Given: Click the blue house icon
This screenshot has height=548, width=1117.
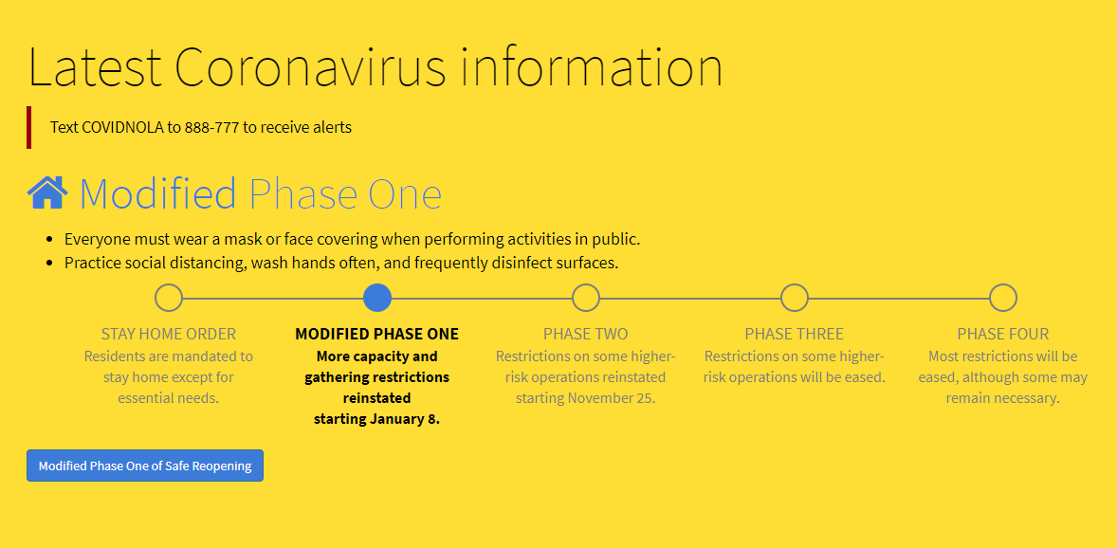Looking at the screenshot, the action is click(x=47, y=192).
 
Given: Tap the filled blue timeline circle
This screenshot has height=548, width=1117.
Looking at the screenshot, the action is click(x=376, y=298).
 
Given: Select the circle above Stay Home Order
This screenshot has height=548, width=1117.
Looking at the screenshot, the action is click(x=169, y=298).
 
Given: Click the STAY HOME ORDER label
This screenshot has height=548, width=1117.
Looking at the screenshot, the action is click(x=169, y=334).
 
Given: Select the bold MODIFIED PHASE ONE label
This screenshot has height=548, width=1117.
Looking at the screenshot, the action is click(x=376, y=334).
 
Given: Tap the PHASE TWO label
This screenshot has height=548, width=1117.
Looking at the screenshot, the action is click(x=586, y=334).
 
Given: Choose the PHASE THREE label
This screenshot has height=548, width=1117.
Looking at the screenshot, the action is click(x=795, y=334).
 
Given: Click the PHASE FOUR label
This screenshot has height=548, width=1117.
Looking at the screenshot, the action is click(x=1003, y=334).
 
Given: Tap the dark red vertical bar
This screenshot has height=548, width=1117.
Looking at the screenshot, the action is click(x=29, y=128).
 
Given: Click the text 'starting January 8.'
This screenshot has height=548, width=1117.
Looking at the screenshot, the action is click(x=376, y=418).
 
